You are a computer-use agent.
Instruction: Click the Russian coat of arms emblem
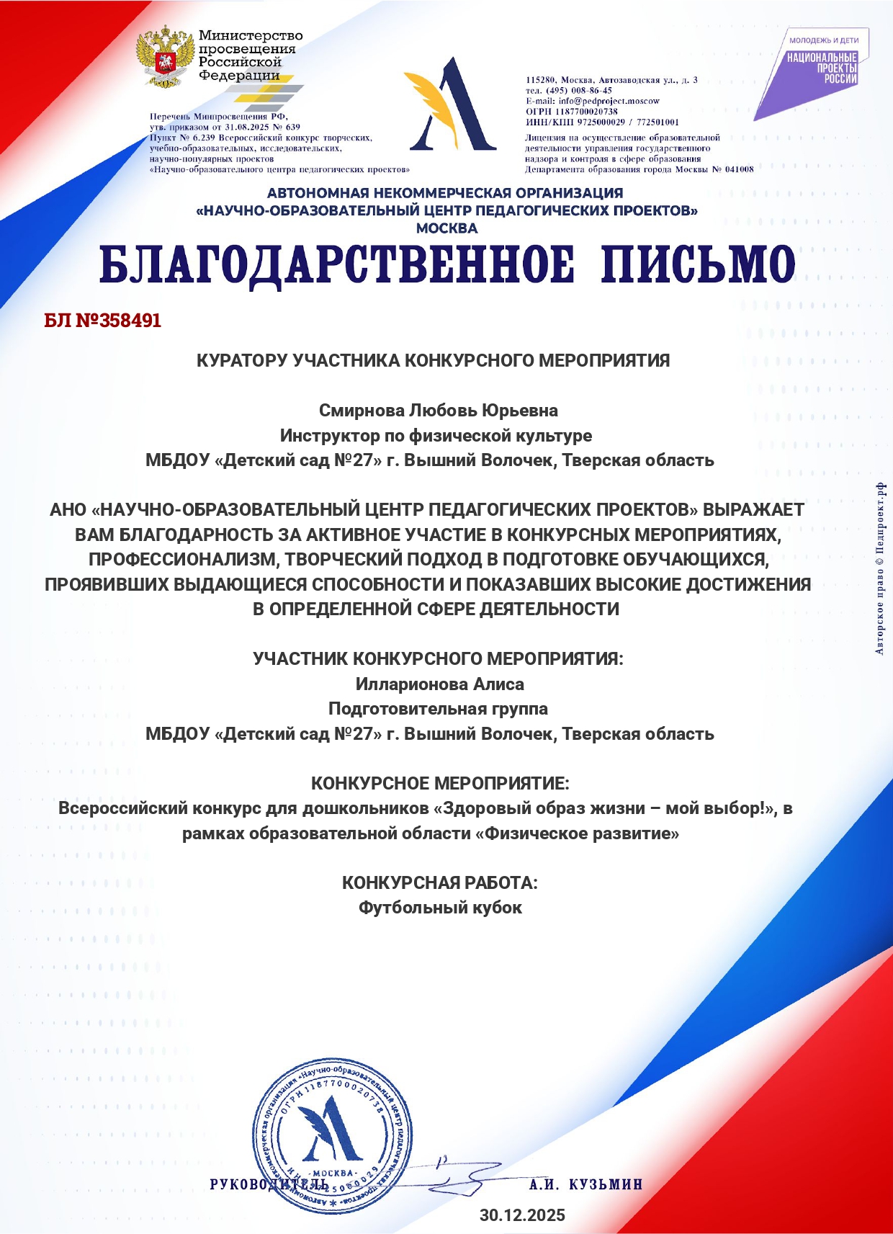pos(166,57)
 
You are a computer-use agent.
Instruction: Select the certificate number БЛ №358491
pos(102,321)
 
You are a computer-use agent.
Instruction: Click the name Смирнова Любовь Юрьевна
pos(439,411)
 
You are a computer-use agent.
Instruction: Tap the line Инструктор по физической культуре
pos(436,436)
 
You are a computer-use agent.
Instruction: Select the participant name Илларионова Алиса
pos(439,684)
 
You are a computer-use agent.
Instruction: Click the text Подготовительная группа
pos(438,709)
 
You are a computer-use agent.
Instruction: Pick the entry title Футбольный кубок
pos(440,908)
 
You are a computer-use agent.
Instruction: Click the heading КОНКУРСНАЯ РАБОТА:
pos(439,882)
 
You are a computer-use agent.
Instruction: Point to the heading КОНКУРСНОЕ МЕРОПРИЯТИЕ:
pos(439,783)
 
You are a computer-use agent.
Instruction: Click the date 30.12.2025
pos(522,1215)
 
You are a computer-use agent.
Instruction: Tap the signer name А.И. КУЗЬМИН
pos(585,1184)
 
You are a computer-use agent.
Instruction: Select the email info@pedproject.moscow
pos(593,101)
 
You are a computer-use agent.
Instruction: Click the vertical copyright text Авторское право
pos(880,569)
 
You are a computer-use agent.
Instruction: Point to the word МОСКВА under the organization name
pos(447,228)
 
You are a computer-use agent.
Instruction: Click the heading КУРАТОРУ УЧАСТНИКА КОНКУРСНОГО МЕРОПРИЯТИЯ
pos(433,361)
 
